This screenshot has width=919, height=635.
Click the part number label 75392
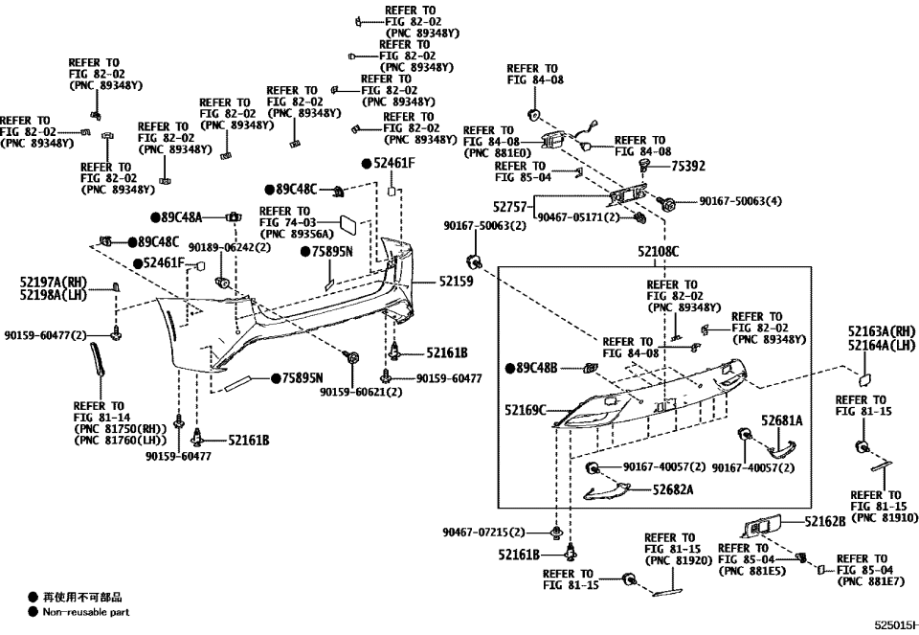(x=688, y=166)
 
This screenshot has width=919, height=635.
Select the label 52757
(x=512, y=206)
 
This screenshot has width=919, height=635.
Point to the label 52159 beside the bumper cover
(x=457, y=282)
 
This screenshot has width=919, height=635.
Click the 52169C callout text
(x=526, y=410)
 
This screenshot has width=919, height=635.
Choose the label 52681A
(x=782, y=420)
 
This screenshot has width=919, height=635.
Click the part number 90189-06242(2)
(x=230, y=247)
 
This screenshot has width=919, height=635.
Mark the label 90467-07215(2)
(x=484, y=532)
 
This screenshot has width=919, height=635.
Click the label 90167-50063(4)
(x=740, y=202)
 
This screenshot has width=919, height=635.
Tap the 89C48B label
(x=537, y=368)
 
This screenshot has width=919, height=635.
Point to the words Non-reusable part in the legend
(x=85, y=612)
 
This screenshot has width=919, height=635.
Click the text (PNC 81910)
(x=884, y=517)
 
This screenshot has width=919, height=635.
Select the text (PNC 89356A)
(x=297, y=234)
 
